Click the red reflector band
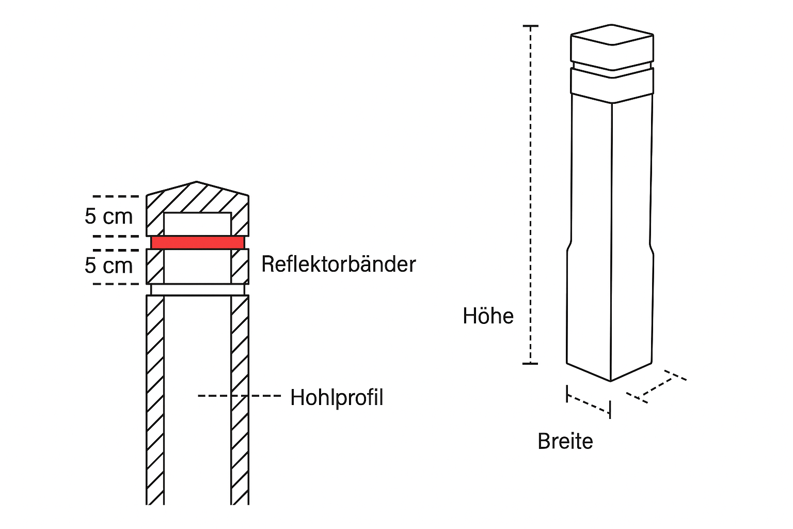(197, 242)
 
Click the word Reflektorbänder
(338, 264)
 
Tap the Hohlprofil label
(337, 398)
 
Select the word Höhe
(488, 316)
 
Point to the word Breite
(565, 442)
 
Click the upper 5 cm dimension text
(109, 216)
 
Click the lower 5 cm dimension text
(109, 266)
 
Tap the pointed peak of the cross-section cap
(197, 182)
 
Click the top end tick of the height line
(530, 26)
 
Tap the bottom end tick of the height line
(530, 364)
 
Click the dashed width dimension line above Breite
(589, 404)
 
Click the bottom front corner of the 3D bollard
(611, 381)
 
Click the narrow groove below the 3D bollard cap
(612, 67)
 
